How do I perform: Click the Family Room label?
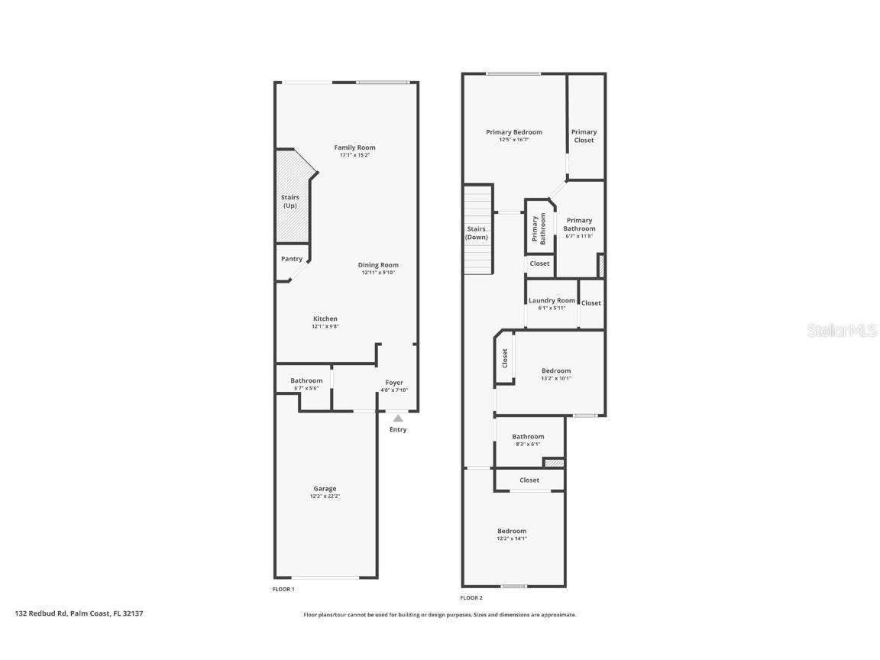[354, 147]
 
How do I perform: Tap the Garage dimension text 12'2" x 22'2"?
[325, 497]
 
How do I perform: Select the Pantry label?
[292, 259]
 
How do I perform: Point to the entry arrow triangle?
[398, 418]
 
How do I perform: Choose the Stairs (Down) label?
[477, 233]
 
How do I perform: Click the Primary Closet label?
[584, 136]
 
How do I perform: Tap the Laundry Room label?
[552, 300]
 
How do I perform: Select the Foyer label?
[394, 383]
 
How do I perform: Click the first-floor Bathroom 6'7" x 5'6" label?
[306, 380]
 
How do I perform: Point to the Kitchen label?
[325, 319]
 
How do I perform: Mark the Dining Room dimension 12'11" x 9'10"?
[378, 273]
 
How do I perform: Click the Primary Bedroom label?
[514, 132]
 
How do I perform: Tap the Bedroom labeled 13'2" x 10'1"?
[556, 371]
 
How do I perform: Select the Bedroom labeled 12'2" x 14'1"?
[512, 532]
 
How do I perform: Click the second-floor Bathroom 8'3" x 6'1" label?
[528, 437]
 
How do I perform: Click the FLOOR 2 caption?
[471, 598]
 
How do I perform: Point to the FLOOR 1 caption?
[283, 589]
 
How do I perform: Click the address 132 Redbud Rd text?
[79, 613]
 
